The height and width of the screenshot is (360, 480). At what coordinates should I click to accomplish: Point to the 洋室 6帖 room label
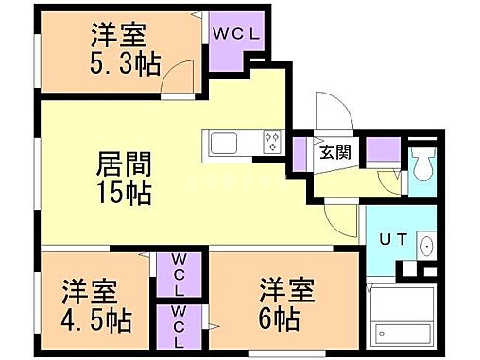click(x=284, y=301)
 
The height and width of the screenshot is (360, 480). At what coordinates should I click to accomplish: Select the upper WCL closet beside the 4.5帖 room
click(x=177, y=273)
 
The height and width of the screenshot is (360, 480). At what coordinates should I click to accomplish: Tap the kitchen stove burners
click(x=273, y=143)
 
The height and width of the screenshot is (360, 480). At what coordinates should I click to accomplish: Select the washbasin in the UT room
click(x=426, y=246)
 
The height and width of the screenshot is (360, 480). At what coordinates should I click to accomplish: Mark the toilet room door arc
click(x=395, y=181)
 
